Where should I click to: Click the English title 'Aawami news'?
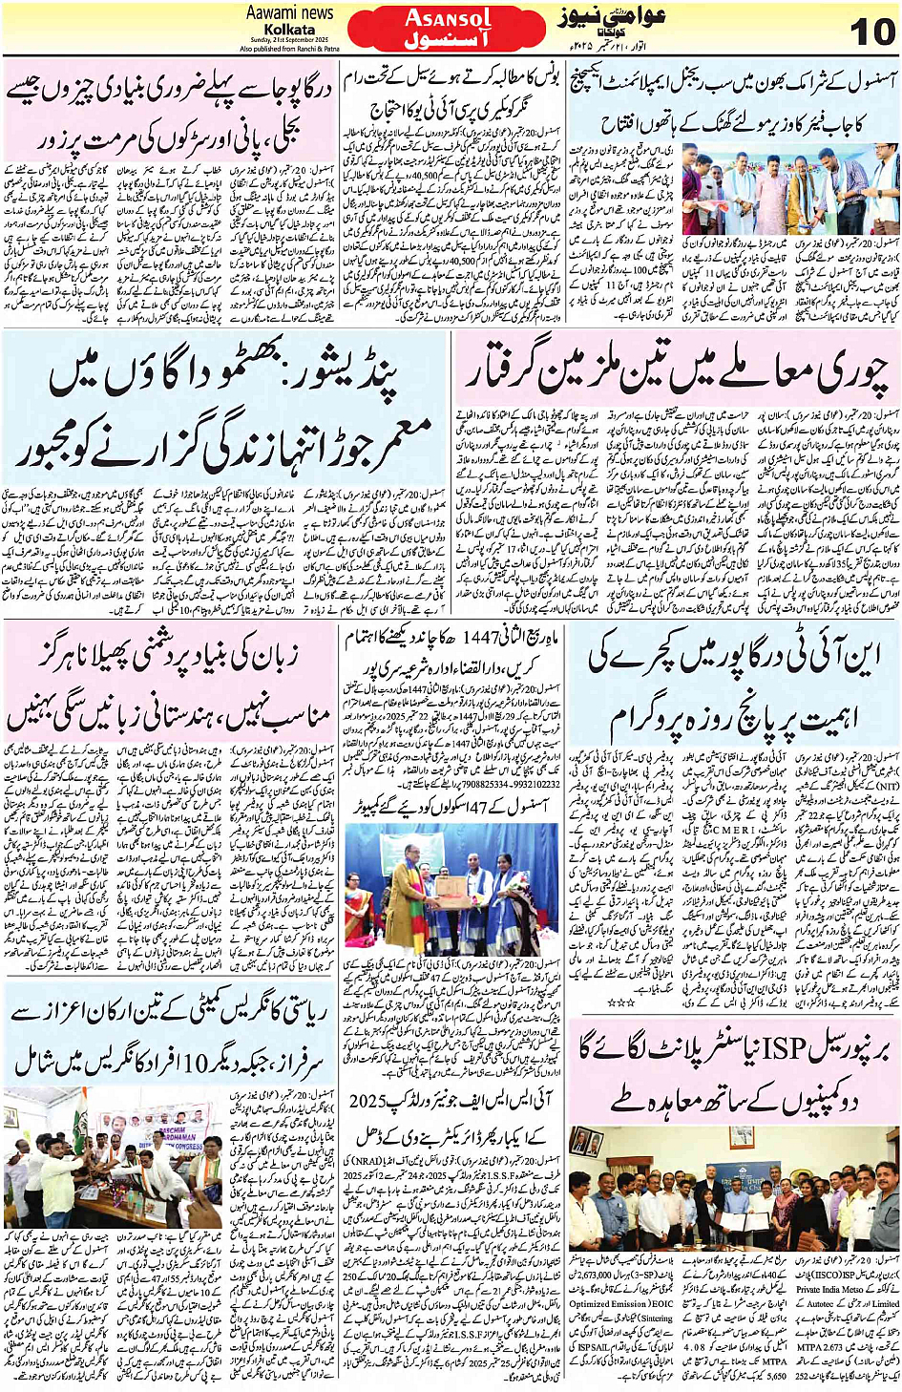tap(289, 12)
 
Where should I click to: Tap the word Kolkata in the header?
tap(289, 29)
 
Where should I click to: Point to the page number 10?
tap(871, 32)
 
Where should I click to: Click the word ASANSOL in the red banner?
tap(448, 18)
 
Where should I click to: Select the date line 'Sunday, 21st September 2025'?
tap(289, 40)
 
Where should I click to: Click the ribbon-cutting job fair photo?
tap(734, 191)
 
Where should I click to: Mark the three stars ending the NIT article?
tap(621, 1003)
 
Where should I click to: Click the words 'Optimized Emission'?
tap(608, 1303)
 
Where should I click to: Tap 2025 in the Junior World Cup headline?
tap(368, 1101)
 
